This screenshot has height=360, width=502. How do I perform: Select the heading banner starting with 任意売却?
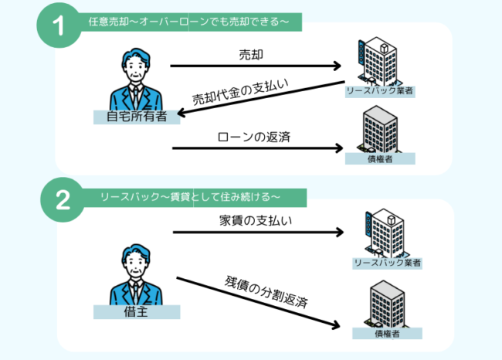(x=189, y=22)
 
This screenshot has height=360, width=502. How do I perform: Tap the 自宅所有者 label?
(x=136, y=117)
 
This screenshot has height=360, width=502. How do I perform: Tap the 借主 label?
(x=136, y=311)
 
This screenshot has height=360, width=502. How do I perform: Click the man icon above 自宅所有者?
(x=137, y=80)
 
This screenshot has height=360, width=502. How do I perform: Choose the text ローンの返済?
(x=254, y=138)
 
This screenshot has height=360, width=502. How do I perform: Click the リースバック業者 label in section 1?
(x=380, y=92)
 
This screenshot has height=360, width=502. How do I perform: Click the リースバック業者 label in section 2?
(x=386, y=263)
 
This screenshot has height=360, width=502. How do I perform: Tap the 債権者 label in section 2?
(x=387, y=334)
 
